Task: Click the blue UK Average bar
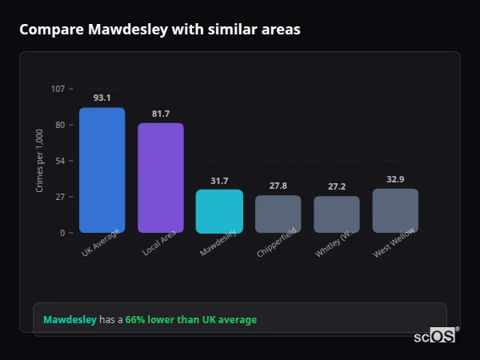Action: coord(102,170)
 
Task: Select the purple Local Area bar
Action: coord(161,178)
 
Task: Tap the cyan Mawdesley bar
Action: coord(219,211)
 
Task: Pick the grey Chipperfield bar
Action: coord(278,214)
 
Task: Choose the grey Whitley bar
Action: coord(337,214)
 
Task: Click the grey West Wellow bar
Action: coord(395,210)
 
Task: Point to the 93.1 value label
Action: coord(102,98)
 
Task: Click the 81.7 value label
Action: coord(161,114)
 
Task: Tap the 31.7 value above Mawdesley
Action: coord(219,181)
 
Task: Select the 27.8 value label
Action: coord(278,186)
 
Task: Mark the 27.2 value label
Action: coord(337,186)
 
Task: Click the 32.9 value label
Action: coord(395,179)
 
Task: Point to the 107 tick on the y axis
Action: coord(58,89)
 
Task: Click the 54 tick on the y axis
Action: coord(60,161)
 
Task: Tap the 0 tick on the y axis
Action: coord(62,233)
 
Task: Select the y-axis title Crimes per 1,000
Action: coord(40,160)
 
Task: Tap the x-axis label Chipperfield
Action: coord(277,243)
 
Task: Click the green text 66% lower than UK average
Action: coord(191,320)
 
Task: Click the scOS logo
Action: coord(435,336)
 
